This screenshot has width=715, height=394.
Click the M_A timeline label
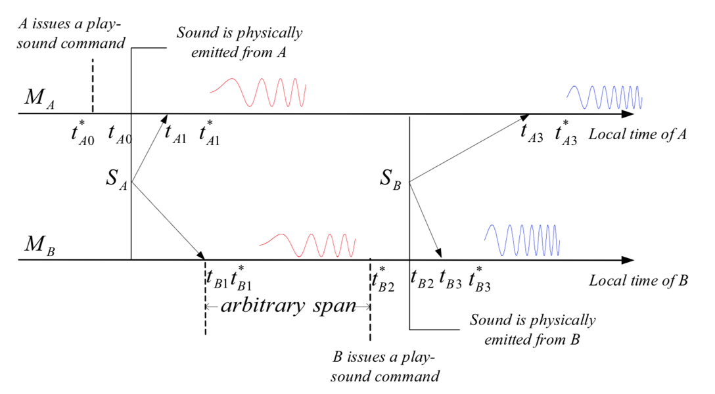[39, 99]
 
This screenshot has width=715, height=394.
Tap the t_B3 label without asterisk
[450, 278]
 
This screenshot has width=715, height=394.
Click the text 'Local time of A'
[637, 135]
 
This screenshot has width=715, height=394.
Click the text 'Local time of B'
[638, 281]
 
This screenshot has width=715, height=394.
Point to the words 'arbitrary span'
[288, 306]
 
